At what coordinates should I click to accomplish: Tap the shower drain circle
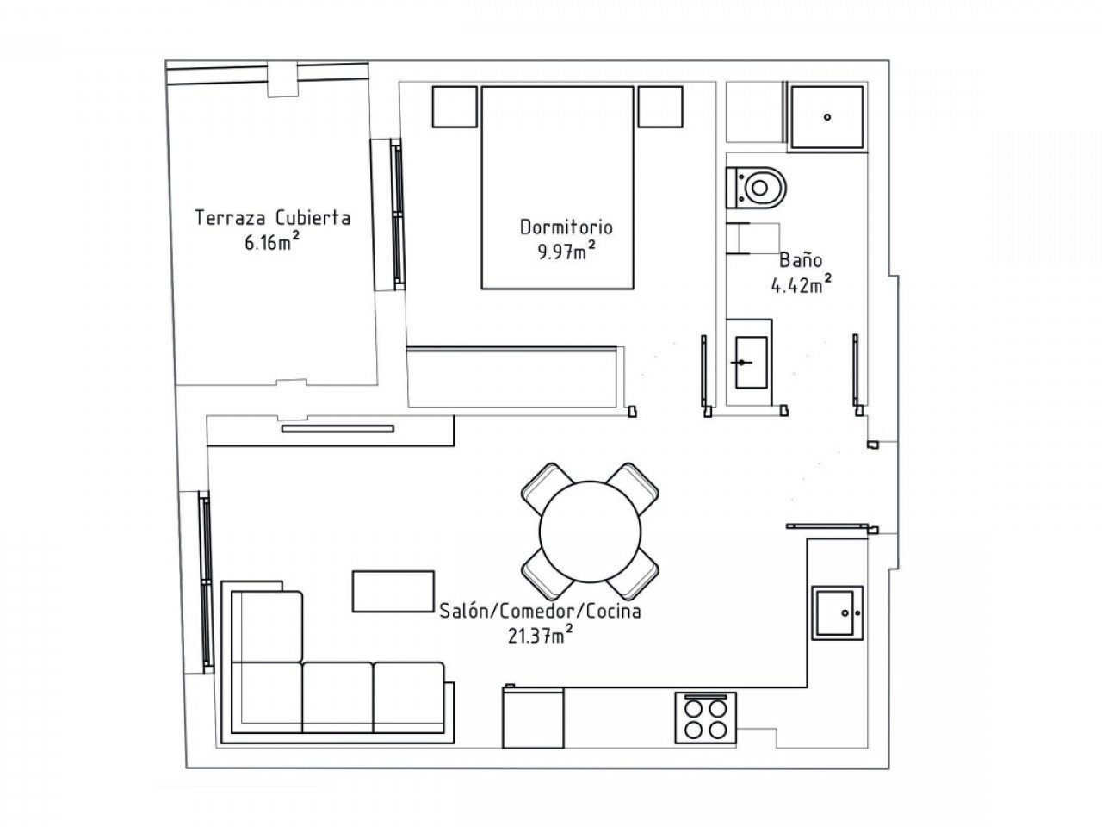point(826,117)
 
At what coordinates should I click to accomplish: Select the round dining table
point(590,532)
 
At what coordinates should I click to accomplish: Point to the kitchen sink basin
point(838,612)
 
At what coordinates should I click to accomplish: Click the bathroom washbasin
point(751,362)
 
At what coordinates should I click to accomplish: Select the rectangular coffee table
point(393,591)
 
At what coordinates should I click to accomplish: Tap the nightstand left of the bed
point(455,107)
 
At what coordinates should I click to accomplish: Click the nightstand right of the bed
point(660,107)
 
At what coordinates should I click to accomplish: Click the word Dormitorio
point(566,227)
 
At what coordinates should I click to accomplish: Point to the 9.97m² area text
point(566,250)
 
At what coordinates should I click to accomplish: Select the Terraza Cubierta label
point(272,218)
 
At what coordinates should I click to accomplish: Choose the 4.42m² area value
point(801,284)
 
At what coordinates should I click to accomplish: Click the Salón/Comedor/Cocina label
point(540,611)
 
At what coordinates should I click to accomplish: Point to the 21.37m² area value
point(540,635)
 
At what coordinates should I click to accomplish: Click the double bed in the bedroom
point(557,188)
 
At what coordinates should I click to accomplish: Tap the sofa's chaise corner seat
point(267,626)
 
